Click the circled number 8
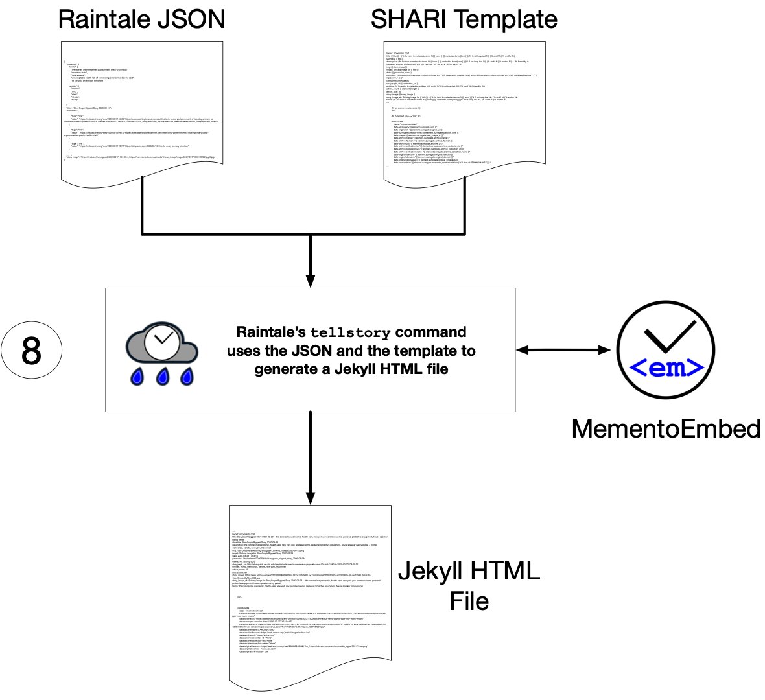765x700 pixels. point(31,351)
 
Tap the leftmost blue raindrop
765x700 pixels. point(137,376)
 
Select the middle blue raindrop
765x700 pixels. point(163,376)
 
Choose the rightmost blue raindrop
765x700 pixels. point(187,376)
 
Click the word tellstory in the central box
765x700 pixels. point(351,333)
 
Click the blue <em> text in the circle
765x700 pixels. point(666,368)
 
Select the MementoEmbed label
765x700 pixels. point(666,428)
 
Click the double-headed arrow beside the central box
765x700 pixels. point(564,350)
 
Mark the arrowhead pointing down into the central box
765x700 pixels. point(311,281)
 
